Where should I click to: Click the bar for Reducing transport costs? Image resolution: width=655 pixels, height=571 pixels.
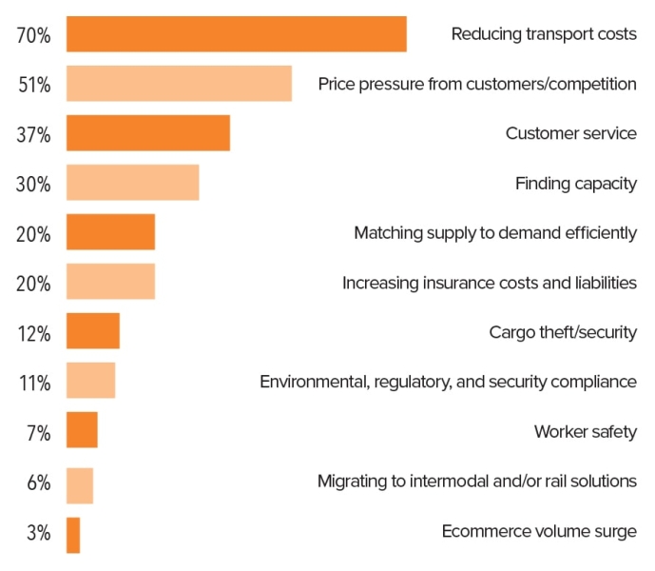click(x=236, y=34)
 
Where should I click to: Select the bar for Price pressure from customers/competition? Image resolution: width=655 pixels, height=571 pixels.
click(x=179, y=84)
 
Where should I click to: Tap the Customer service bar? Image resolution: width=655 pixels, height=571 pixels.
click(x=147, y=133)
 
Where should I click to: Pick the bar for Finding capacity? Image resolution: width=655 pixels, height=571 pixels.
click(x=132, y=183)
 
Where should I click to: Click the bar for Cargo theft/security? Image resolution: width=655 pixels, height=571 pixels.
click(x=92, y=331)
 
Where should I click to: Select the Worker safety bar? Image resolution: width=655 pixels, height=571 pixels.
click(x=82, y=430)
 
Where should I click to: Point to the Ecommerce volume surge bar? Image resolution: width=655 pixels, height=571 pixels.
click(x=73, y=535)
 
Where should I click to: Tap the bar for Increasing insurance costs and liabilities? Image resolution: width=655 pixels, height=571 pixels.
click(x=110, y=282)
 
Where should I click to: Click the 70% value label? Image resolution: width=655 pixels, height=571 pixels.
click(x=33, y=36)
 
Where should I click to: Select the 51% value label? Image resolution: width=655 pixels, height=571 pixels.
click(x=33, y=86)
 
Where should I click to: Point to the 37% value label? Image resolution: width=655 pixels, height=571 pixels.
click(x=33, y=135)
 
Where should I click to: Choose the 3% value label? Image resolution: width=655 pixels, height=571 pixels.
click(x=38, y=533)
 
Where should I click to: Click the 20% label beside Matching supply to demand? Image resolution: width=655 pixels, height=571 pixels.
click(x=33, y=234)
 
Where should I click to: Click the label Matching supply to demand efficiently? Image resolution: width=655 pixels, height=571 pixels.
click(x=494, y=233)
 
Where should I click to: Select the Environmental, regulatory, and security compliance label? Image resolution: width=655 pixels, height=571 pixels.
click(x=448, y=382)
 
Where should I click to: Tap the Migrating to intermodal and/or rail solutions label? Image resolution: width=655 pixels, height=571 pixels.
click(x=476, y=481)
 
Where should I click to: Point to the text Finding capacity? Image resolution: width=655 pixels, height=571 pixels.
click(x=575, y=183)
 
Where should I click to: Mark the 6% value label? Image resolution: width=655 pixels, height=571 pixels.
click(x=38, y=482)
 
